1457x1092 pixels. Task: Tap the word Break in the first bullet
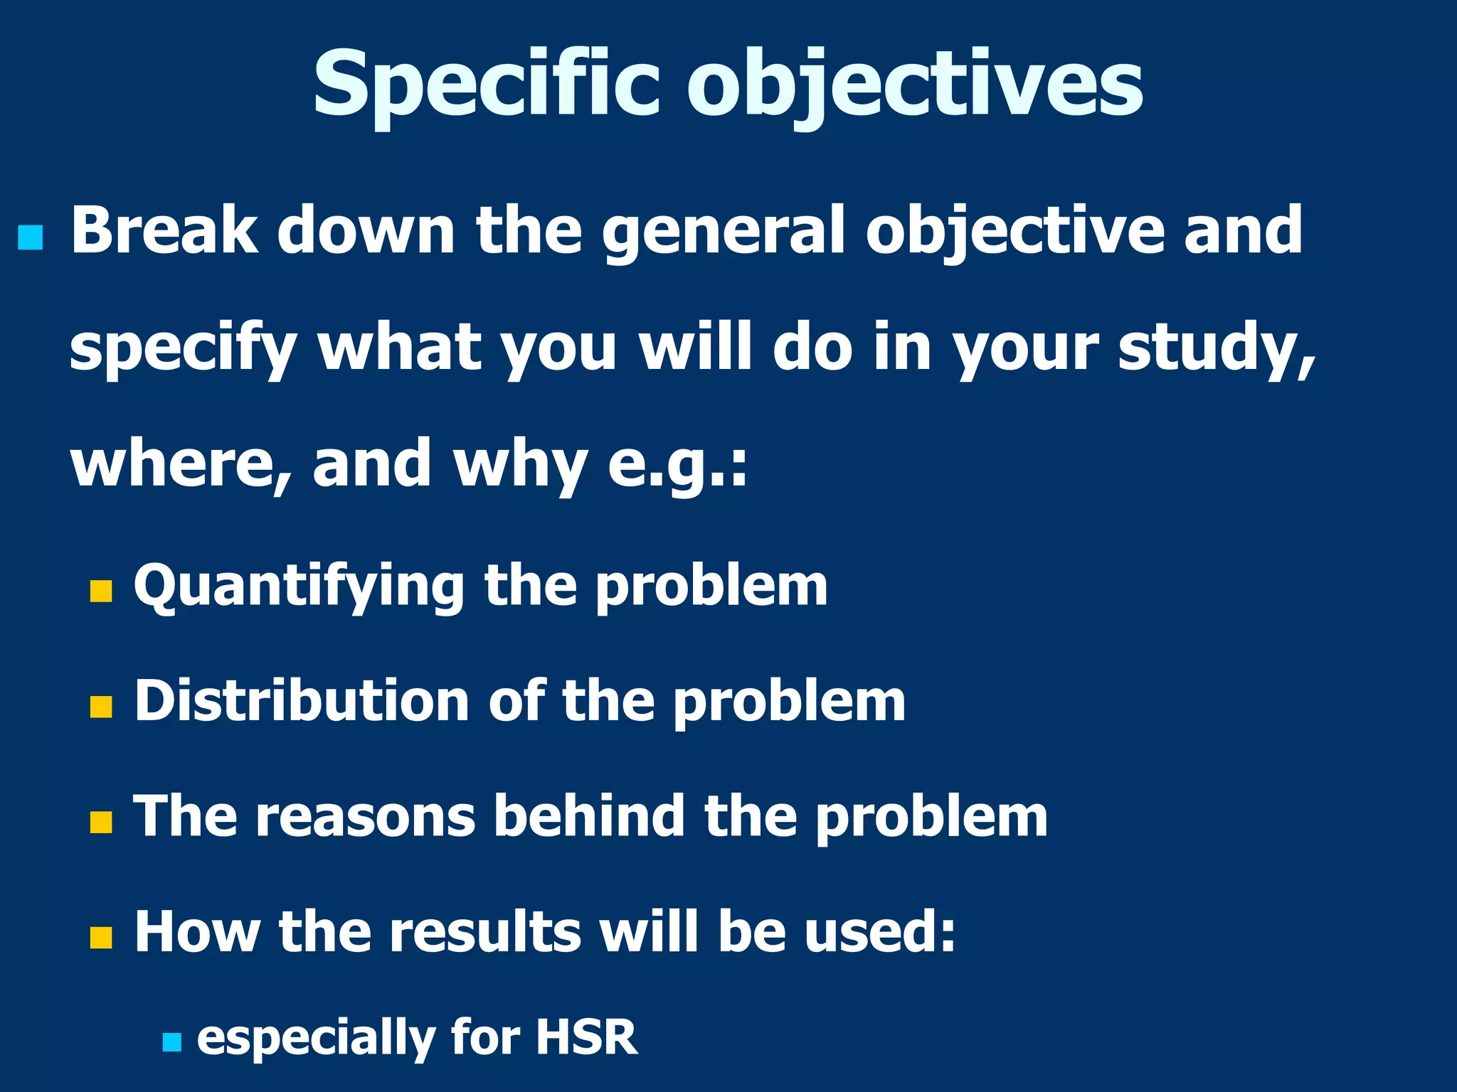pyautogui.click(x=164, y=230)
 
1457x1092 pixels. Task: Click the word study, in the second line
pyautogui.click(x=1217, y=348)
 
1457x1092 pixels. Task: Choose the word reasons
pyautogui.click(x=365, y=816)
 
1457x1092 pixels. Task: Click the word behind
pyautogui.click(x=590, y=815)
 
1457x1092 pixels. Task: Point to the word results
pyautogui.click(x=485, y=931)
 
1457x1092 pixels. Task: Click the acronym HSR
pyautogui.click(x=586, y=1037)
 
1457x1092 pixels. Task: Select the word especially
pyautogui.click(x=316, y=1039)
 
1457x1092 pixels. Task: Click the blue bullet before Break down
pyautogui.click(x=31, y=238)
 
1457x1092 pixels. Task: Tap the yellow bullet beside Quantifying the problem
pyautogui.click(x=101, y=591)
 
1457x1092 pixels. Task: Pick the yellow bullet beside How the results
pyautogui.click(x=101, y=937)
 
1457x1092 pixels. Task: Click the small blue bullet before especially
pyautogui.click(x=171, y=1043)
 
